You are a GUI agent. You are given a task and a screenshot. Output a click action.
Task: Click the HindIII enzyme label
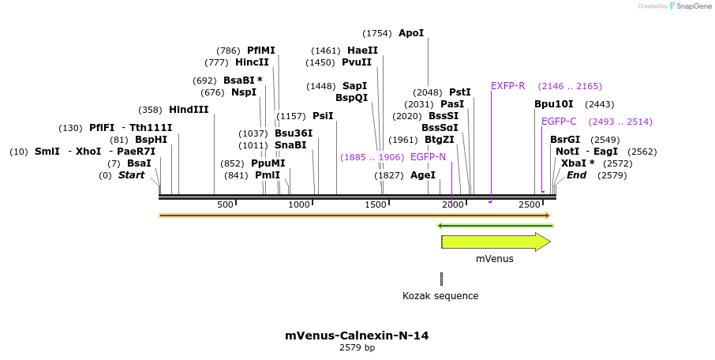pos(189,110)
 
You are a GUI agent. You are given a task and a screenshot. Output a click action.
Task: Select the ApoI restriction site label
pos(411,33)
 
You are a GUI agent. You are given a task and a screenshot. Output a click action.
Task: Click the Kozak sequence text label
pos(440,296)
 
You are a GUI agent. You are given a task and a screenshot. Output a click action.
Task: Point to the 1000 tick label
pos(300,205)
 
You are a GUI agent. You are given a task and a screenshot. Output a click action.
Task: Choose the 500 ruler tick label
pos(225,205)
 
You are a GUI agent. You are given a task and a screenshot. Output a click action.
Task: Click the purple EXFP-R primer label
pos(507,85)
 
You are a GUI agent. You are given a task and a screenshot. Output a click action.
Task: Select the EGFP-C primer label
pos(559,122)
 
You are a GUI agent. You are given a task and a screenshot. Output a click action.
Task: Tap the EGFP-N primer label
pos(428,157)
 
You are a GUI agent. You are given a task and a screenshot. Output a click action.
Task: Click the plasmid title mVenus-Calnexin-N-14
pos(357,336)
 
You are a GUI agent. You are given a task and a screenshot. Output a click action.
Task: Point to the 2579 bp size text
pos(357,348)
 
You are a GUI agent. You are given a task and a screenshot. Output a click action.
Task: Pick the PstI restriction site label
pos(459,92)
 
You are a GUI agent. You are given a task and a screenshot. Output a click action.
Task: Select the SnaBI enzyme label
pos(290,145)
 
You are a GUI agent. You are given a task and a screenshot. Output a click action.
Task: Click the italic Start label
pos(131,175)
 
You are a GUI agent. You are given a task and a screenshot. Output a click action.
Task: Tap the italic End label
pos(576,175)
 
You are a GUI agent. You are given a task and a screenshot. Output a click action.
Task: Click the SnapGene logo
pos(687,6)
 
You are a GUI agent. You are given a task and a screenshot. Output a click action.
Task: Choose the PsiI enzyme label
pos(323,116)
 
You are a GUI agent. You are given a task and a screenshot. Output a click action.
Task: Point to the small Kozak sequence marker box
pos(441,279)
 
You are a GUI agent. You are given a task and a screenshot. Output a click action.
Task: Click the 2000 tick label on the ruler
pos(452,205)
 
